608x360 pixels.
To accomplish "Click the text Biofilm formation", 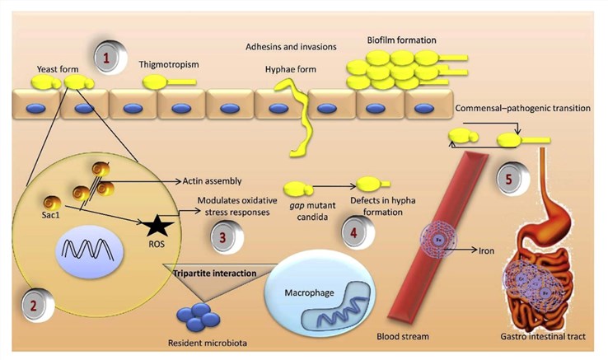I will [401, 40].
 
